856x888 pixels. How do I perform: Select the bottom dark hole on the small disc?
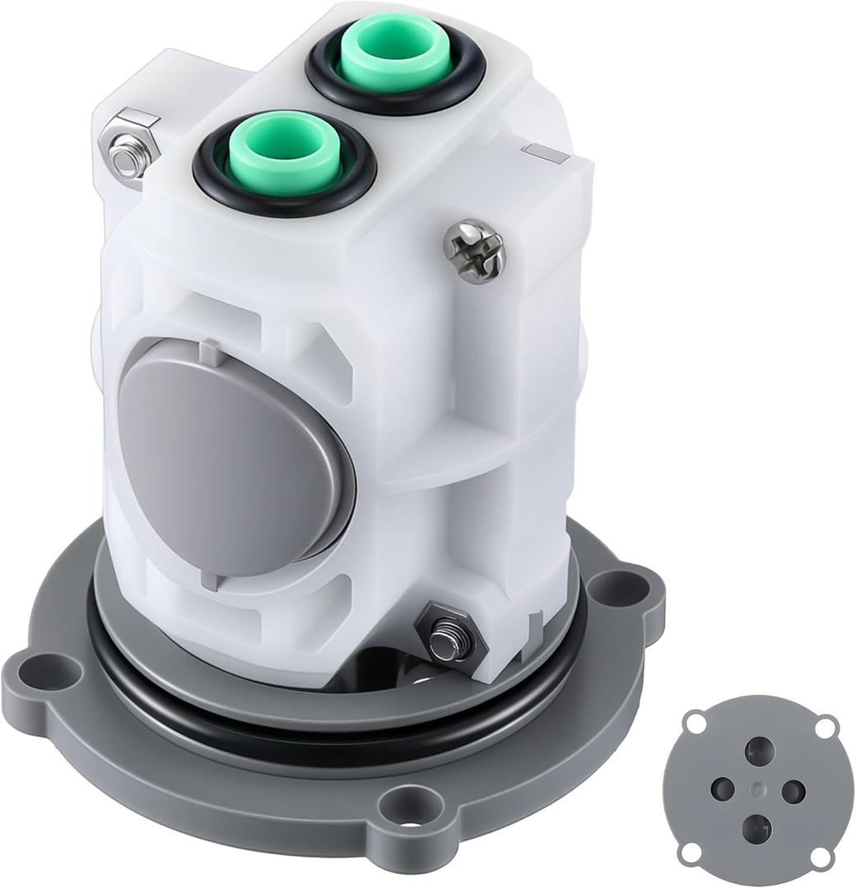pos(756,828)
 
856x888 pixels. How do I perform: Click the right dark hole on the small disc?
pos(792,791)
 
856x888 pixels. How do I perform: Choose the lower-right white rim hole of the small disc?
pos(820,856)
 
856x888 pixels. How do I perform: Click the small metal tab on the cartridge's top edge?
pos(541,151)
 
